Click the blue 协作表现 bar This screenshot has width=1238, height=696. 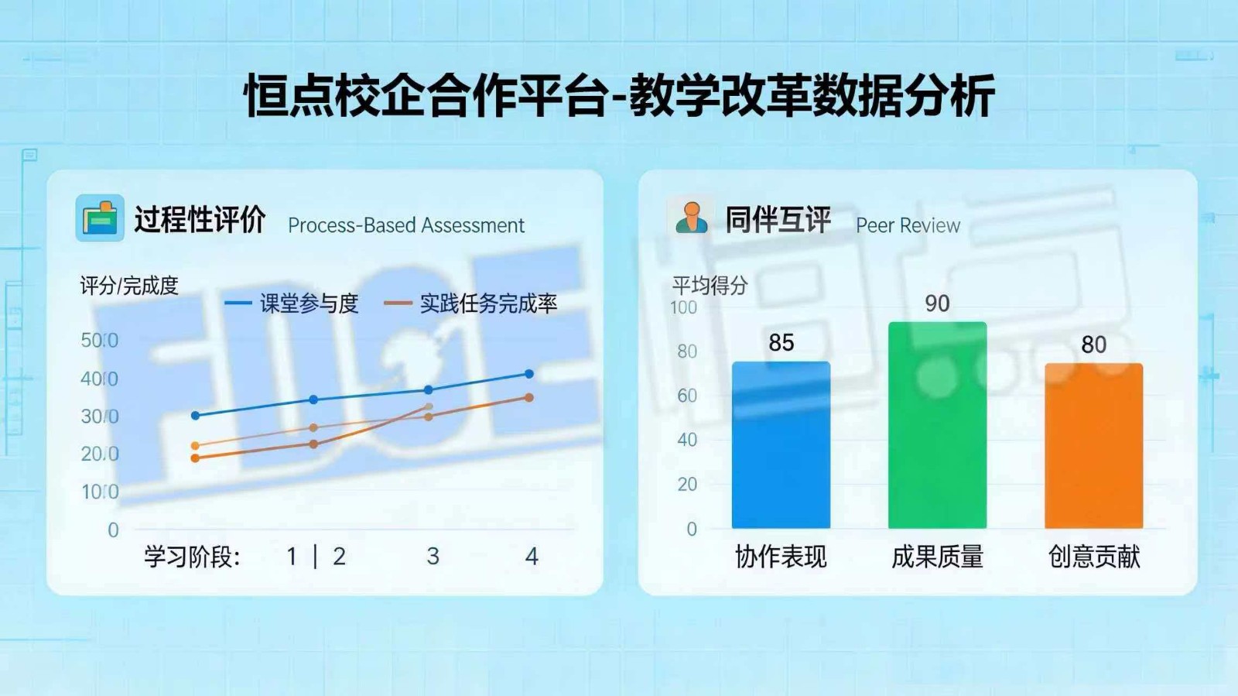pos(781,445)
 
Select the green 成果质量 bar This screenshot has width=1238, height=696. pos(937,425)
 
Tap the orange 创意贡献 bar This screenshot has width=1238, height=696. pos(1093,446)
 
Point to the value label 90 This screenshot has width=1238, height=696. pos(937,303)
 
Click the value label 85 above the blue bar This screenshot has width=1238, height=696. pos(781,342)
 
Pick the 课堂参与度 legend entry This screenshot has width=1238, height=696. pos(292,303)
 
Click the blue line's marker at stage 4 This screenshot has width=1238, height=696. pos(529,374)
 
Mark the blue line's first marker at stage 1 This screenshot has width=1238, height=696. pos(195,416)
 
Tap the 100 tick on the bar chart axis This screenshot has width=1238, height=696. pos(683,308)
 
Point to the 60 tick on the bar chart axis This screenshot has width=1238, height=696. pos(687,396)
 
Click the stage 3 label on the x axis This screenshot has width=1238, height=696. pos(433,556)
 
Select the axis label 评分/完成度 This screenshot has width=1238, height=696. pos(129,286)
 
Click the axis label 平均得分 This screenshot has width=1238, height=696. pos(710,286)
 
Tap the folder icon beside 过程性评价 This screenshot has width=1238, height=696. pos(100,218)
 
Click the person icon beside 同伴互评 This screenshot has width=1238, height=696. pos(691,218)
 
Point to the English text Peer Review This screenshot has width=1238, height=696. pos(908,225)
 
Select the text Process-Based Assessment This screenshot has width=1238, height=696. pos(405,225)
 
